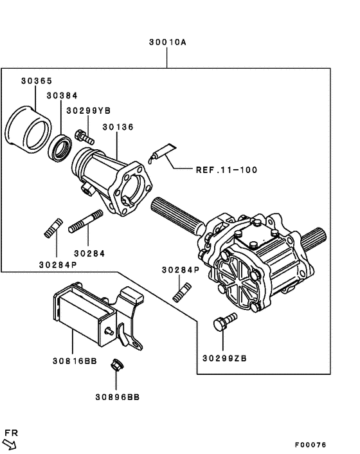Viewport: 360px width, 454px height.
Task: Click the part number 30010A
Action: pyautogui.click(x=166, y=42)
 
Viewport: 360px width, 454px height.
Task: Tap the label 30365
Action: pyautogui.click(x=37, y=81)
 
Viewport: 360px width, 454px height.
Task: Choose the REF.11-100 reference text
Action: pyautogui.click(x=226, y=170)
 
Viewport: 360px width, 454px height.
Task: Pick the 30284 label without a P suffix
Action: pyautogui.click(x=89, y=253)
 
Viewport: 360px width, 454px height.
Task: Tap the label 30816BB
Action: pyautogui.click(x=75, y=361)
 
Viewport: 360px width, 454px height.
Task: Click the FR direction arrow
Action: pyautogui.click(x=10, y=442)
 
